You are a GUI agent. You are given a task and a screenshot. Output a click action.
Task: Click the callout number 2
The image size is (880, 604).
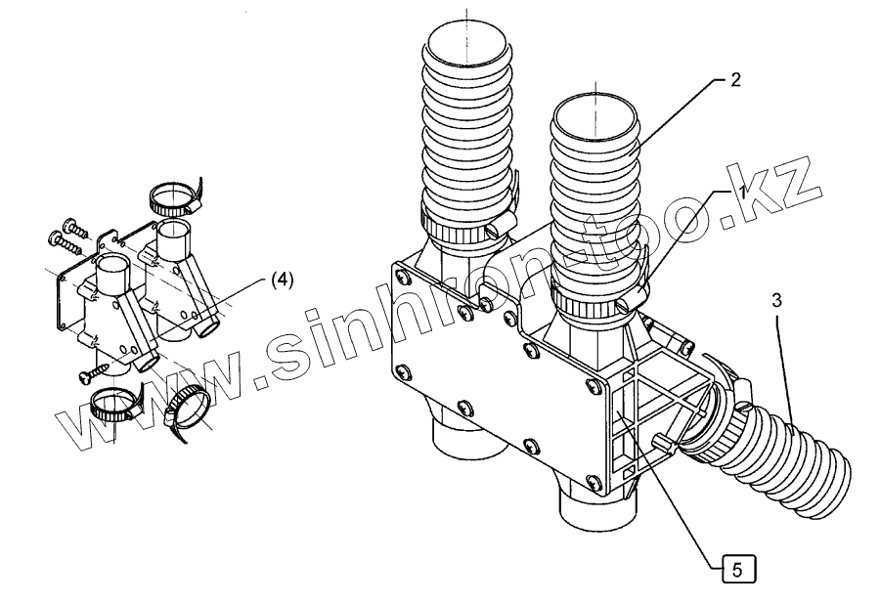click(x=735, y=80)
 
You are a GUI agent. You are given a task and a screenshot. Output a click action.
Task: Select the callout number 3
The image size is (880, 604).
click(x=775, y=302)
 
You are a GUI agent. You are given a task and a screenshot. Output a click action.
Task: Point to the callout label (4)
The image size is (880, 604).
click(x=280, y=280)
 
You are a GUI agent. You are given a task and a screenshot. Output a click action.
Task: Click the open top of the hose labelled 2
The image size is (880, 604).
click(x=594, y=114)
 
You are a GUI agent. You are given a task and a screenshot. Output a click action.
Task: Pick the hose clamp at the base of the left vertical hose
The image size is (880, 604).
click(x=460, y=232)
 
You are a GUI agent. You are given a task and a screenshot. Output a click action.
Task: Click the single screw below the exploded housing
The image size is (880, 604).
click(x=97, y=370)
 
